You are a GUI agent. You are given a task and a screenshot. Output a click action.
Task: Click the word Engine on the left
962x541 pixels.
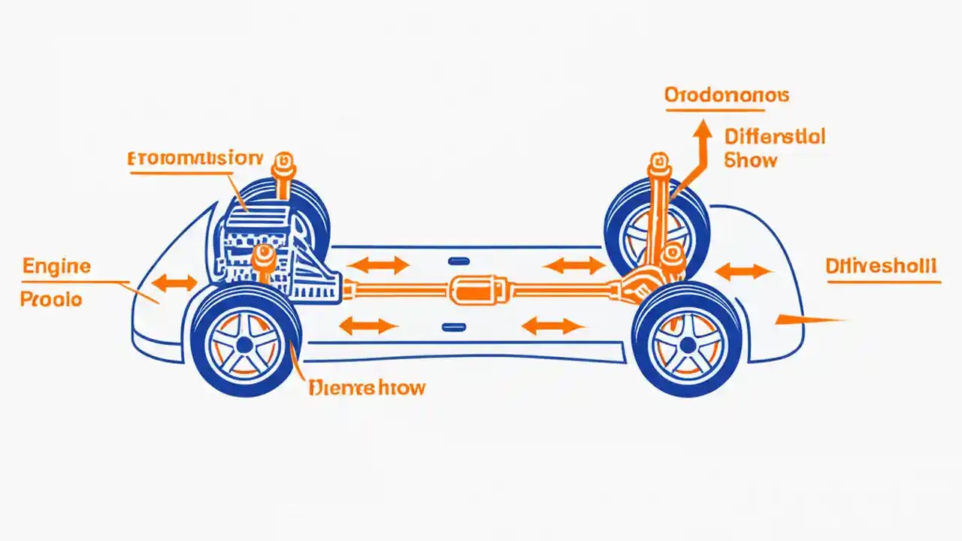[56, 267]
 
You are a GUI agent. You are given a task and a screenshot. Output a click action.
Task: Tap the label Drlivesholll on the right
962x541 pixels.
[881, 266]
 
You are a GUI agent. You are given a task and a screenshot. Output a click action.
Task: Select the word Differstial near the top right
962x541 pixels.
[775, 137]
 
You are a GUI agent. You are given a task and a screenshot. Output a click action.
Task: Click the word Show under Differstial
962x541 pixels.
[751, 160]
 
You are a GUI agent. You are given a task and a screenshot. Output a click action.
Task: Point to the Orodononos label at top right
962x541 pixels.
[726, 95]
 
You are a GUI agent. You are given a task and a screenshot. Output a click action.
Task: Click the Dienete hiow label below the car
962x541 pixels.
[367, 388]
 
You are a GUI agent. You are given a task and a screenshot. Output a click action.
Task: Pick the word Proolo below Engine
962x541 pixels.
[51, 299]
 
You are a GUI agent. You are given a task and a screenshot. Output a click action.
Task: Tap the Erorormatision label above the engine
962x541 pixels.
[195, 159]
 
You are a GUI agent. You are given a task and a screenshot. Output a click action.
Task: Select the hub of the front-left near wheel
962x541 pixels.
[244, 345]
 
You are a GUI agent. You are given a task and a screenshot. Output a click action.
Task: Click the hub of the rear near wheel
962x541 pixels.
[687, 345]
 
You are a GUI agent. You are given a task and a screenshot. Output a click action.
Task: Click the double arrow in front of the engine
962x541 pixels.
[174, 283]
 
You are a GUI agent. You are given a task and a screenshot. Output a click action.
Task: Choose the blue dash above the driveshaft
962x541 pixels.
[456, 261]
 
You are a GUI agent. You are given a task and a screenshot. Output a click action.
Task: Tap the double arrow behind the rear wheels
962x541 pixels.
[743, 271]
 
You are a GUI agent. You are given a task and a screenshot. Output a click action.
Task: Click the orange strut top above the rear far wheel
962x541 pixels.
[659, 160]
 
